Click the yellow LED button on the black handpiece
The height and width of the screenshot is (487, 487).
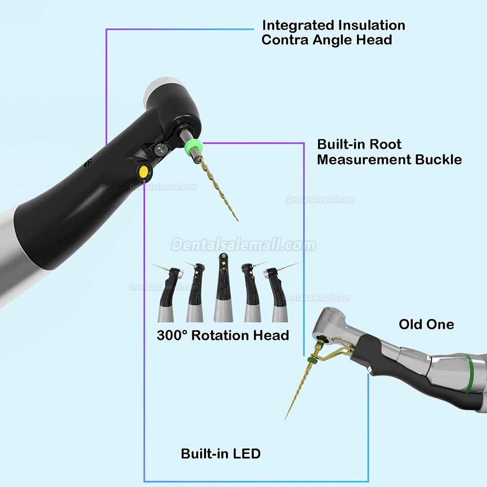pyautogui.click(x=144, y=172)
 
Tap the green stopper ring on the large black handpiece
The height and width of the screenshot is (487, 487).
pyautogui.click(x=192, y=146)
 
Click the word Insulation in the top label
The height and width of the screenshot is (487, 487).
pyautogui.click(x=372, y=25)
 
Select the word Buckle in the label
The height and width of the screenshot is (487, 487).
pyautogui.click(x=438, y=160)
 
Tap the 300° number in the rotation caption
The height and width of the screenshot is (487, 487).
pyautogui.click(x=172, y=336)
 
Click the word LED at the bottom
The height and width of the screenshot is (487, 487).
pyautogui.click(x=246, y=454)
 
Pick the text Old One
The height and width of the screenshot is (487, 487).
pyautogui.click(x=426, y=324)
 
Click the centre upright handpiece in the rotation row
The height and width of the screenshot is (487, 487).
pyautogui.click(x=223, y=287)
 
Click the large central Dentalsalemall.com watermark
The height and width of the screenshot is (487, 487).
pyautogui.click(x=243, y=244)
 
